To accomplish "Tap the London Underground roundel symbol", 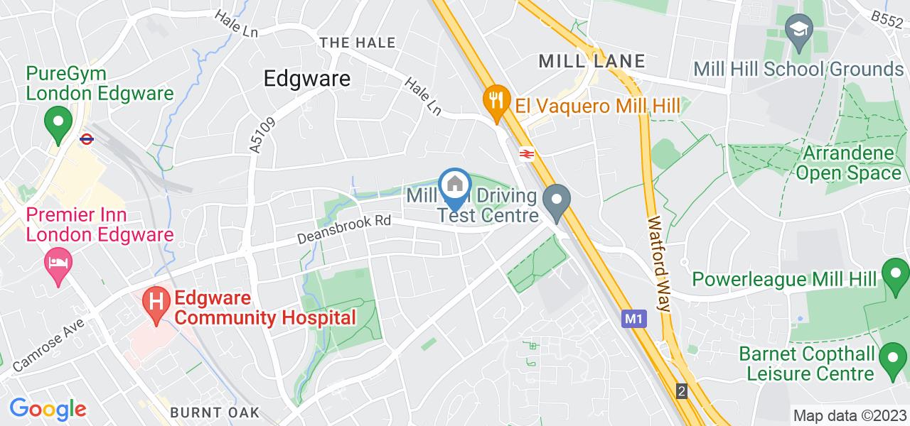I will pos(87,139).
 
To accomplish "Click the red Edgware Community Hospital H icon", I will pos(154,303).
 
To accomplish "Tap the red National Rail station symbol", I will pos(527,153).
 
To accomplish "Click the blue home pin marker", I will pos(453,187).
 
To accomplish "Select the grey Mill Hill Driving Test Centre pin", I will pos(556,201).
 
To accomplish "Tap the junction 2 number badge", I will pos(682,391).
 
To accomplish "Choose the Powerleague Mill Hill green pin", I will pos(895,275).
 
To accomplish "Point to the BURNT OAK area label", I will pos(215,413).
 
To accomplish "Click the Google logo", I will pos(48,408).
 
